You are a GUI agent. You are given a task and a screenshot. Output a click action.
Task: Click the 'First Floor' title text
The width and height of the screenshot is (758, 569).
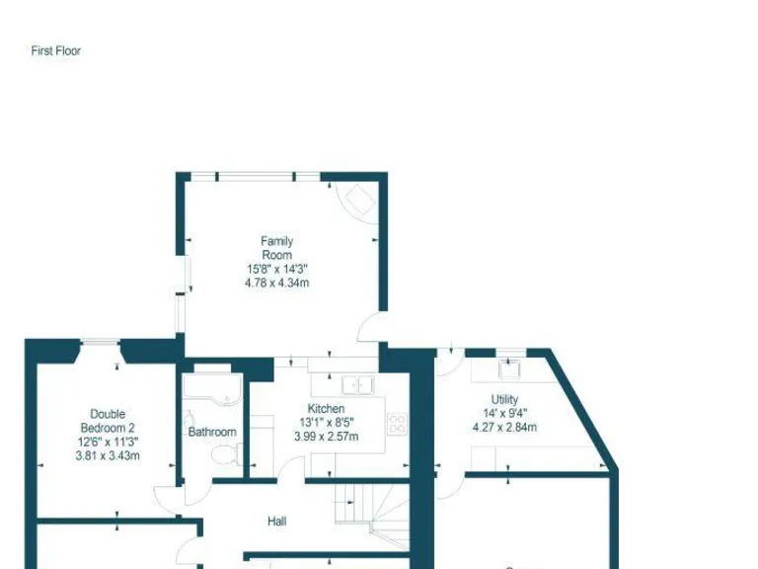tap(55, 50)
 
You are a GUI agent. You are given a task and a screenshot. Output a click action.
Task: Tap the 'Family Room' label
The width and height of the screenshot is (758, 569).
tap(276, 248)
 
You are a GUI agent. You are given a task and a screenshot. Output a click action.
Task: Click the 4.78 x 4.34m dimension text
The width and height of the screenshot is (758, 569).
tap(276, 283)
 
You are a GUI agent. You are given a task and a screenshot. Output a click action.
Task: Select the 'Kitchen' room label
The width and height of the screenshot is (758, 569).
tap(326, 408)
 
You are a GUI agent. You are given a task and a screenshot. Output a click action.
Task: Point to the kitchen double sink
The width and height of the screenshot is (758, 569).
tap(355, 384)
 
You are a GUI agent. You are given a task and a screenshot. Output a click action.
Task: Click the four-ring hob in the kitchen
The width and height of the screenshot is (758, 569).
tap(399, 424)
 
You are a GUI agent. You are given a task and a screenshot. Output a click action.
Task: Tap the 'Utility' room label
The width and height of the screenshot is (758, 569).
tap(504, 400)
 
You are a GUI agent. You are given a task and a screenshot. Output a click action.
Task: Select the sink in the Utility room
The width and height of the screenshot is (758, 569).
tap(509, 370)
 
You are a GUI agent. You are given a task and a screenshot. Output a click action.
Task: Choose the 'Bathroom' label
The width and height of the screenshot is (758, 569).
tap(212, 432)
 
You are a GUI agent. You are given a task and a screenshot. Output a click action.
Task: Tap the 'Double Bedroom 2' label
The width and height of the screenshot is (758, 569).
tap(108, 421)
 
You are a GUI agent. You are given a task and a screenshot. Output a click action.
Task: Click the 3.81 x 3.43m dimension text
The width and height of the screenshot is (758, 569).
tap(108, 455)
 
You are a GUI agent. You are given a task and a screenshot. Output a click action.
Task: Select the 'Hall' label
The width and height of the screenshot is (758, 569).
tap(277, 521)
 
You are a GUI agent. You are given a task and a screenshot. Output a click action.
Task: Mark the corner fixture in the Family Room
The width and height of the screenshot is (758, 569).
tap(356, 201)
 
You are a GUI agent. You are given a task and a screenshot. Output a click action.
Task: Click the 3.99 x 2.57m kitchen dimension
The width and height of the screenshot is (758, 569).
tap(326, 436)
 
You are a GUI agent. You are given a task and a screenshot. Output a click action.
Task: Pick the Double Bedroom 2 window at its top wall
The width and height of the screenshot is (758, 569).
tap(100, 343)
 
